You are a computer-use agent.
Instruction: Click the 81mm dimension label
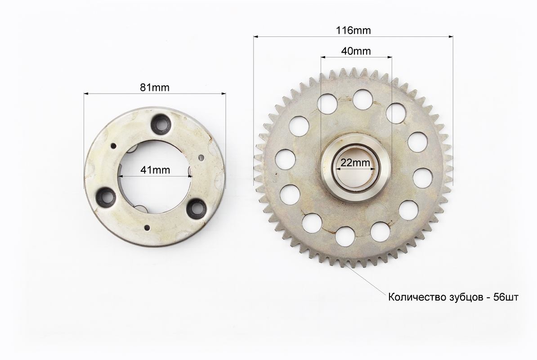(154, 87)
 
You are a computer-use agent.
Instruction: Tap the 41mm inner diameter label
(155, 170)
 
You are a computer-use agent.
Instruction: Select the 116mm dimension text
(353, 31)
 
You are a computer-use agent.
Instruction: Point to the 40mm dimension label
(356, 51)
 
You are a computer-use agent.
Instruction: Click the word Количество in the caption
(417, 297)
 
